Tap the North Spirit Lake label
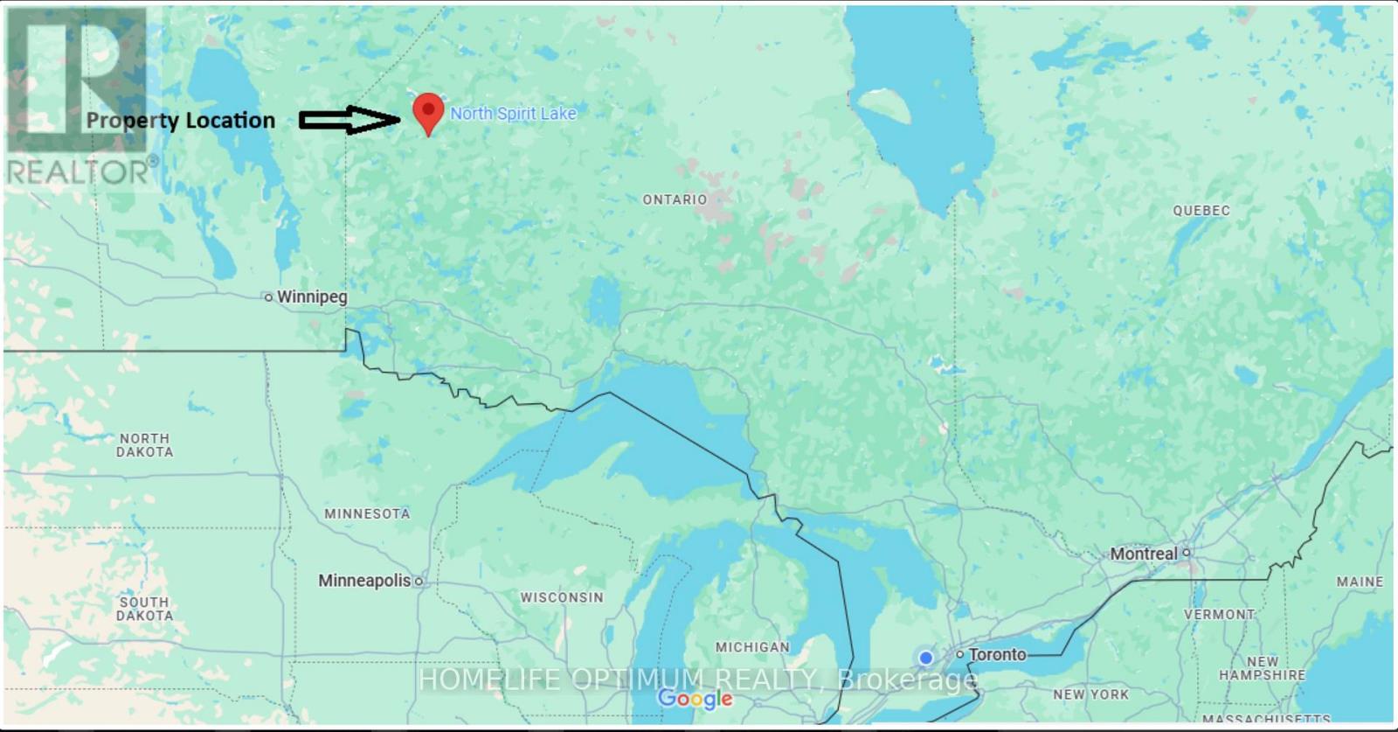(x=513, y=114)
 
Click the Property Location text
(x=180, y=121)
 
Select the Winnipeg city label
(x=311, y=297)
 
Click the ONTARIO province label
(x=675, y=200)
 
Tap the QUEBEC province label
(x=1201, y=211)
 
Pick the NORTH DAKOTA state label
(x=145, y=445)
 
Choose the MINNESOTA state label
(x=367, y=514)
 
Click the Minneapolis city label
(x=364, y=581)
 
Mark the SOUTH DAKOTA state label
(x=145, y=609)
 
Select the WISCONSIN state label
(x=562, y=598)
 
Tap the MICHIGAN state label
(x=752, y=648)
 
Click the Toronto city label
(x=997, y=655)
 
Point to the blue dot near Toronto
(x=925, y=658)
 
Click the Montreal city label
(x=1144, y=554)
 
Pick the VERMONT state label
(x=1219, y=615)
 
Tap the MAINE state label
(x=1360, y=582)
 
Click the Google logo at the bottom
(x=696, y=699)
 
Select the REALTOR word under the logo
(x=78, y=172)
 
